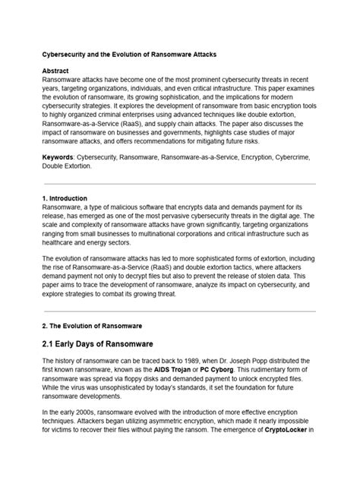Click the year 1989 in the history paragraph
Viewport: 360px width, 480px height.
212,359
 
